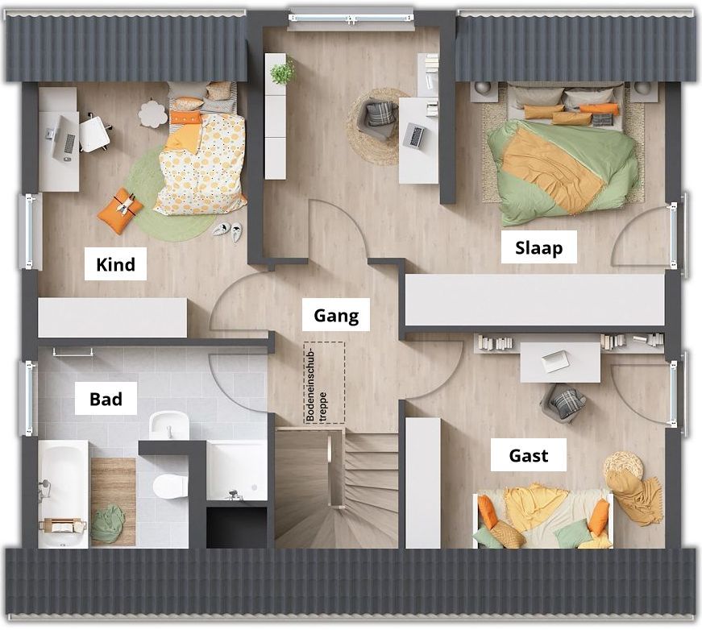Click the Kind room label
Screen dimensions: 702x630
(x=115, y=264)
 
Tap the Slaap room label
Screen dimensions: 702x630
(x=538, y=248)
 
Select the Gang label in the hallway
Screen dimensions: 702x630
(x=336, y=316)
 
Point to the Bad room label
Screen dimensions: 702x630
(x=106, y=399)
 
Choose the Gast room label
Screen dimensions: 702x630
(x=529, y=455)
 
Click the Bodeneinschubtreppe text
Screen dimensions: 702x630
(x=316, y=386)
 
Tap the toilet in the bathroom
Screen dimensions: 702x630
(x=170, y=487)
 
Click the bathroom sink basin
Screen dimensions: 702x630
(x=168, y=425)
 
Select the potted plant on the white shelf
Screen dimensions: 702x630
(x=282, y=71)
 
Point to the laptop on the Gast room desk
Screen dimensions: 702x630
(x=554, y=362)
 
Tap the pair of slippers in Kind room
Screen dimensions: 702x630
(x=227, y=231)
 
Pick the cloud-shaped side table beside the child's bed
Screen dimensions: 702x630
(x=152, y=114)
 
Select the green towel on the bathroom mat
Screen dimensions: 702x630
(x=107, y=524)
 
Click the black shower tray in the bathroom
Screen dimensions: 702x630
(x=237, y=528)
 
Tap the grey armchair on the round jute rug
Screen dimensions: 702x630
(x=380, y=118)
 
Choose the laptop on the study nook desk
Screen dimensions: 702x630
(x=414, y=136)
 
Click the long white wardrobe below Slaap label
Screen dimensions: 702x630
(x=534, y=300)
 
